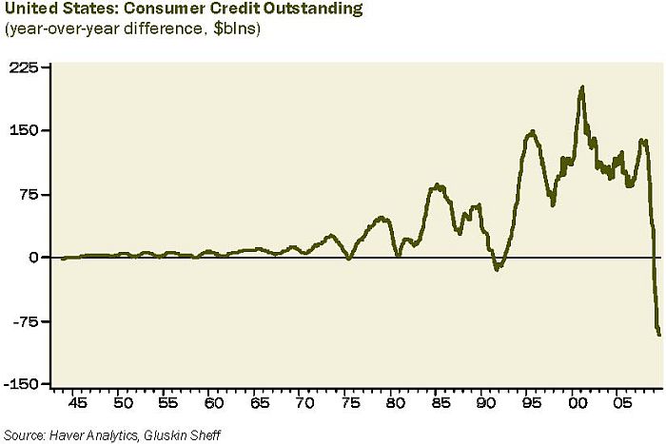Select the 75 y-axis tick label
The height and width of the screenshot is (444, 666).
pyautogui.click(x=30, y=194)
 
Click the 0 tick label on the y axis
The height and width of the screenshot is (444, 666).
pyautogui.click(x=34, y=258)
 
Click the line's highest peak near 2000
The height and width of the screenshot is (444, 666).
pyautogui.click(x=581, y=87)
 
